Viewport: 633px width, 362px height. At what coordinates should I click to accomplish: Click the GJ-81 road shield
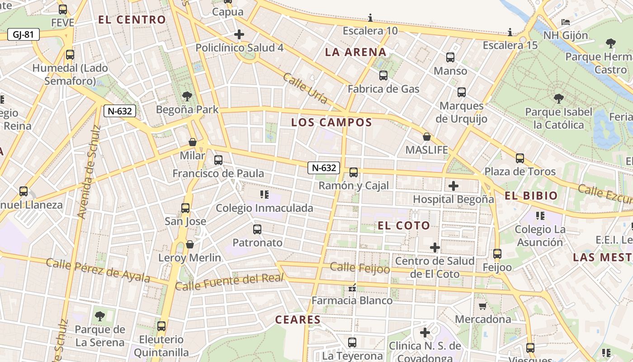[x=24, y=34]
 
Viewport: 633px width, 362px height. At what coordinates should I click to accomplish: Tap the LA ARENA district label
[x=356, y=52]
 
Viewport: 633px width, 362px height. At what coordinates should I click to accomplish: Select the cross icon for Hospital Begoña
[x=453, y=186]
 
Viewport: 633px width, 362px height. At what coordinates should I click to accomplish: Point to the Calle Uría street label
[x=305, y=88]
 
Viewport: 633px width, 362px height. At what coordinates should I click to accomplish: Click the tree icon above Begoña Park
[x=187, y=96]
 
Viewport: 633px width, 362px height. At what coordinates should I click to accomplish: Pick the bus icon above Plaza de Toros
[x=520, y=158]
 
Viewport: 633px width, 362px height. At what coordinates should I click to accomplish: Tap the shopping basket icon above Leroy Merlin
[x=190, y=245]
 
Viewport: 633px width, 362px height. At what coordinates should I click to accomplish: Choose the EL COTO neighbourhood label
[x=404, y=225]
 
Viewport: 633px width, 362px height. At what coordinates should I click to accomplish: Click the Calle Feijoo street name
[x=360, y=268]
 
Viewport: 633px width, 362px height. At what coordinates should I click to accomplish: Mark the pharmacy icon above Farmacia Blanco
[x=352, y=288]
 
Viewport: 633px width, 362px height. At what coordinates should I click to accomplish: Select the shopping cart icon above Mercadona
[x=482, y=306]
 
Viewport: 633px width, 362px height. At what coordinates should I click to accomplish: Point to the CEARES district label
[x=298, y=319]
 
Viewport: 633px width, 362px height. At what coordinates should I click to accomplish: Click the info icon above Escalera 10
[x=370, y=18]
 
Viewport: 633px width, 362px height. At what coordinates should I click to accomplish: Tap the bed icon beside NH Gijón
[x=565, y=22]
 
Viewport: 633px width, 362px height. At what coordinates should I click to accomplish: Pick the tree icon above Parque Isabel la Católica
[x=558, y=98]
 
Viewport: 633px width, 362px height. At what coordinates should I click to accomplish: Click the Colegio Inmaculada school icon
[x=265, y=195]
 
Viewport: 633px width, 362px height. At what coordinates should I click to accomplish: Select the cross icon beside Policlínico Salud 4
[x=239, y=34]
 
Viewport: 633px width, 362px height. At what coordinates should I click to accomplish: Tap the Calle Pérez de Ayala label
[x=98, y=270]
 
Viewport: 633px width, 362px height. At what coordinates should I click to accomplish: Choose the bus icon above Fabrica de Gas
[x=383, y=76]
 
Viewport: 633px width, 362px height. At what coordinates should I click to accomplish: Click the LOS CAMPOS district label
[x=331, y=122]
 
